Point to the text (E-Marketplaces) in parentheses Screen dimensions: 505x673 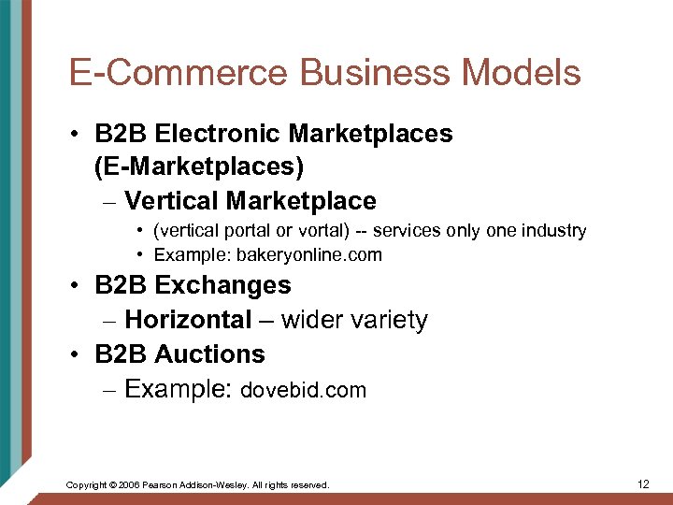click(199, 167)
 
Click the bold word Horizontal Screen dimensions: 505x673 click(188, 320)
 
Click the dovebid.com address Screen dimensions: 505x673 click(304, 390)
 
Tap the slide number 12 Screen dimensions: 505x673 click(642, 483)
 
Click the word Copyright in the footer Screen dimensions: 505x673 click(85, 485)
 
